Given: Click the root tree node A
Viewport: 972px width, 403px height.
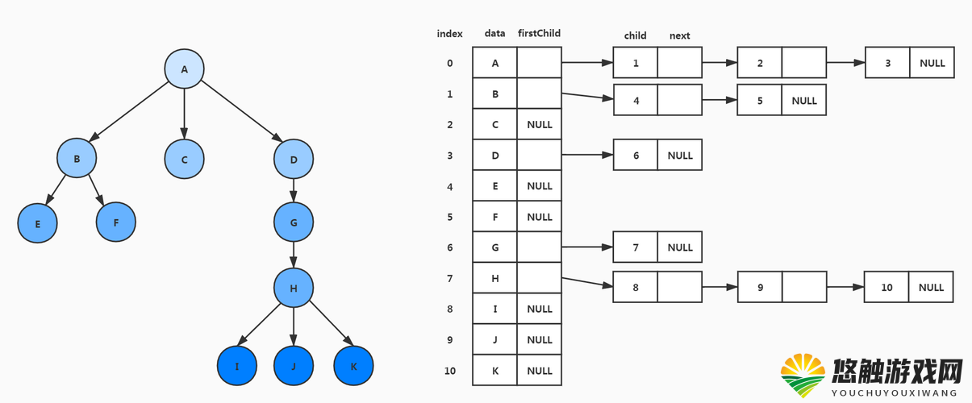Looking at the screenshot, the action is coord(185,69).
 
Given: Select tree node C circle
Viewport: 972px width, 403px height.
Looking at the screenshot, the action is coord(185,160).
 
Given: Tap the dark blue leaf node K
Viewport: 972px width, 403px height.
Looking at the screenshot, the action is coord(353,366).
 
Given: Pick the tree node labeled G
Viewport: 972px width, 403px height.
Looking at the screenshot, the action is coord(294,222).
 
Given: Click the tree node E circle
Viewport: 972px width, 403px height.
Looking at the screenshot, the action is coord(37,223).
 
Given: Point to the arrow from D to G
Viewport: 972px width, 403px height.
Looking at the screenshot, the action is coord(294,190).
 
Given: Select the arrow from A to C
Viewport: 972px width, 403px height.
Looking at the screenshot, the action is coord(185,114).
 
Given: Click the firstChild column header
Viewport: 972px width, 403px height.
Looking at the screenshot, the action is coord(539,33).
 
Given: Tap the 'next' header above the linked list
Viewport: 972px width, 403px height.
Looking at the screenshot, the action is coord(679,35).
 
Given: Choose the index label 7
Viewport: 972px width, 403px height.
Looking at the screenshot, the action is coord(450,278).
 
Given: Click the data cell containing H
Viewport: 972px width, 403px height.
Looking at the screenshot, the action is coord(494,277).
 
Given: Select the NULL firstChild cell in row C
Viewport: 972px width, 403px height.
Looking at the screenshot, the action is coord(540,124).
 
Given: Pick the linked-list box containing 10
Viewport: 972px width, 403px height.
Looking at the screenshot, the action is coord(886,287).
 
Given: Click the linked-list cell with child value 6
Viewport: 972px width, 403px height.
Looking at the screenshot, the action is coord(636,155).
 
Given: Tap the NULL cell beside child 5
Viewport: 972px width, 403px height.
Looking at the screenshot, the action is coord(804,100).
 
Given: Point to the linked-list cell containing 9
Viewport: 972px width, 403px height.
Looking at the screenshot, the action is coord(760,287).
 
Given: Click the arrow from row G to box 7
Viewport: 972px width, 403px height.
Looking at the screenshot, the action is coord(587,247).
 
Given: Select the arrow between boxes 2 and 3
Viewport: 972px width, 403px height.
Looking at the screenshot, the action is coord(845,63).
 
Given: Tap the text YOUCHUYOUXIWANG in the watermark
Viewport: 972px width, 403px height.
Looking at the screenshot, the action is coord(895,393).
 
